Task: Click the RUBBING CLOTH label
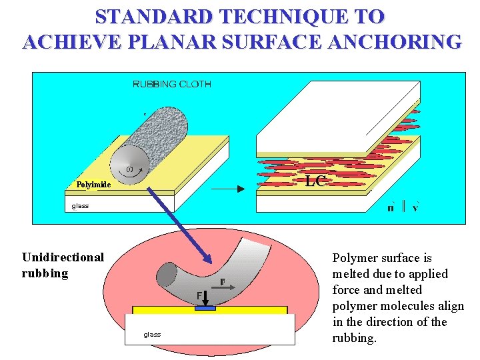pos(172,84)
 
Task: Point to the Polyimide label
pos(93,185)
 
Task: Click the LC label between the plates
pos(315,181)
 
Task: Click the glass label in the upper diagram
pos(80,206)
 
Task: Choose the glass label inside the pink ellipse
pos(152,334)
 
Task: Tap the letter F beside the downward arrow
pos(199,295)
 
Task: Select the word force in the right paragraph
pos(347,290)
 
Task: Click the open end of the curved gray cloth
pos(166,274)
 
